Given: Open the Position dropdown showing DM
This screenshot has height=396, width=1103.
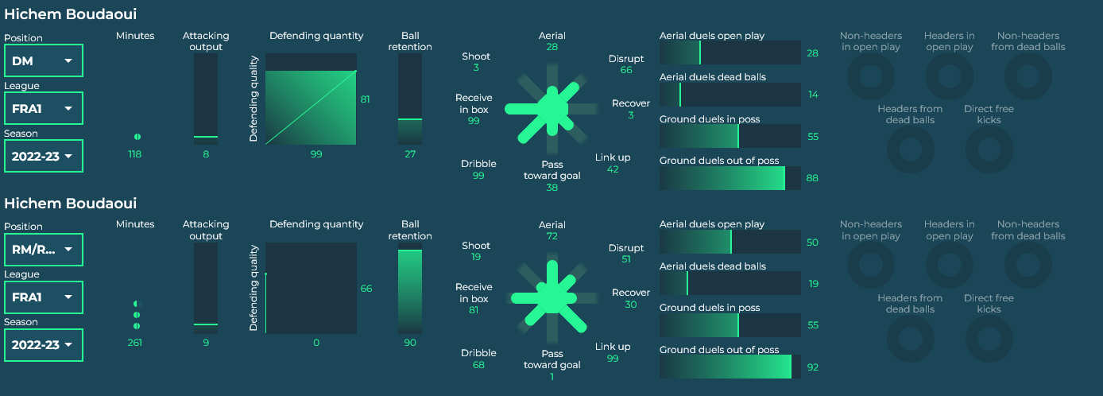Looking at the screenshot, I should click(x=44, y=60).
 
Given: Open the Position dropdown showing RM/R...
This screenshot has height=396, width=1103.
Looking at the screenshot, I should click(x=44, y=250).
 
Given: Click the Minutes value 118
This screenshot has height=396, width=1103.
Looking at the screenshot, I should click(x=135, y=154).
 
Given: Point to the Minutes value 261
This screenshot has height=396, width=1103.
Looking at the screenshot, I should click(x=135, y=343).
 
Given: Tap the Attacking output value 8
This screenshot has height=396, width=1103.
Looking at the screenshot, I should click(x=206, y=154).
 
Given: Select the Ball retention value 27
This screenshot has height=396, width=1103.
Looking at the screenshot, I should click(x=410, y=154).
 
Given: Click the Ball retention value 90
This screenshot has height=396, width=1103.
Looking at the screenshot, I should click(x=410, y=343).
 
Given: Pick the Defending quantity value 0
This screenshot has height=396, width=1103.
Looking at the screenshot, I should click(x=316, y=343).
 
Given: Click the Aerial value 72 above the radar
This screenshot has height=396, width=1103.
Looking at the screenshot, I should click(x=552, y=236).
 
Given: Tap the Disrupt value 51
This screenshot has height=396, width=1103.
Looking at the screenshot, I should click(x=626, y=259).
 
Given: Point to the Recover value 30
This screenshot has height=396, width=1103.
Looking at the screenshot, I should click(x=631, y=305).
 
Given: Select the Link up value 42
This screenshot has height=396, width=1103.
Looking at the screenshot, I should click(x=613, y=169).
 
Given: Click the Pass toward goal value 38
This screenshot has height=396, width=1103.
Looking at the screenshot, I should click(x=552, y=188).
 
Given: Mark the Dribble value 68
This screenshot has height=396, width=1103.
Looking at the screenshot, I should click(x=478, y=365).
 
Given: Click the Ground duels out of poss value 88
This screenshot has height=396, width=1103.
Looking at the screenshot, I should click(x=812, y=178).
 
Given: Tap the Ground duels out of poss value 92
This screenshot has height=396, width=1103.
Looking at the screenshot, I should click(x=812, y=367).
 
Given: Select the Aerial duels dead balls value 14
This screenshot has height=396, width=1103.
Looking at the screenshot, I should click(x=812, y=95).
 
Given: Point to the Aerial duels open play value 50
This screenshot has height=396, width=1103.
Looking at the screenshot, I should click(x=812, y=243).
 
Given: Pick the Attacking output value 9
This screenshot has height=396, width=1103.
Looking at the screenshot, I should click(x=206, y=343).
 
